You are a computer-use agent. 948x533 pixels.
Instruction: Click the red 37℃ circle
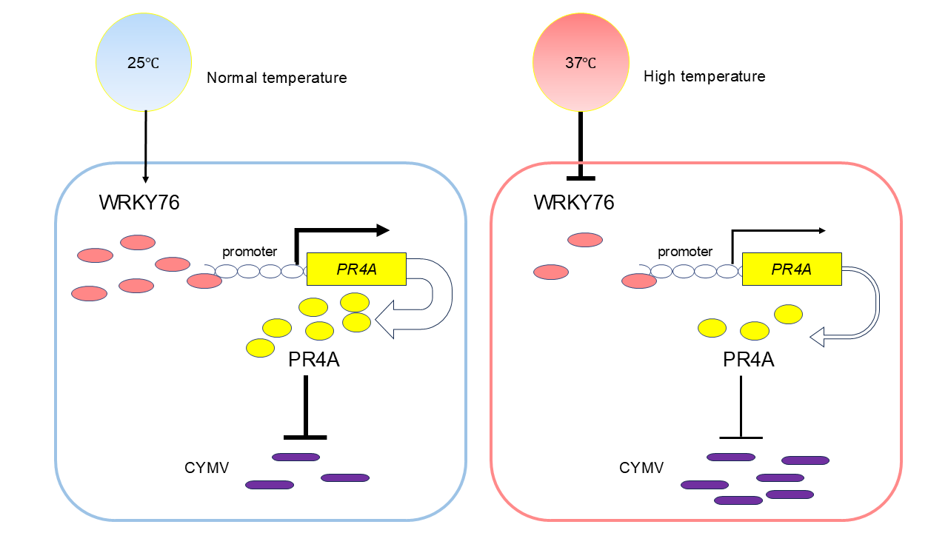581,62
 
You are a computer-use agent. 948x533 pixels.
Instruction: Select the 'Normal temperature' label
276,78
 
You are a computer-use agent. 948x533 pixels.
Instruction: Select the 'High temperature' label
704,76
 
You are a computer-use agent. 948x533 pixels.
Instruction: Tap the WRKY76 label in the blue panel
139,203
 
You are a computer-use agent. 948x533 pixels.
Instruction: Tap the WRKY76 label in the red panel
574,203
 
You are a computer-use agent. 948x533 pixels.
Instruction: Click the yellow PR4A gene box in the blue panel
356,269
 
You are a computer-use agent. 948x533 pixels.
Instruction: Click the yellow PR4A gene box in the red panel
791,269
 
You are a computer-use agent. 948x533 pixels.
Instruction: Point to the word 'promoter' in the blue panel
250,252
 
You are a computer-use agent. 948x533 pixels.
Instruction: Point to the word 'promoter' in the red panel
685,252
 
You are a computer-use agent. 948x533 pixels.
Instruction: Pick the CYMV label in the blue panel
207,468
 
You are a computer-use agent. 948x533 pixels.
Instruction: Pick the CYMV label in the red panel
641,468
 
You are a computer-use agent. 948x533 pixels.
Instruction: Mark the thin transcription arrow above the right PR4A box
778,230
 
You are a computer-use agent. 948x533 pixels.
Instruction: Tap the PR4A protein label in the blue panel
314,361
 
